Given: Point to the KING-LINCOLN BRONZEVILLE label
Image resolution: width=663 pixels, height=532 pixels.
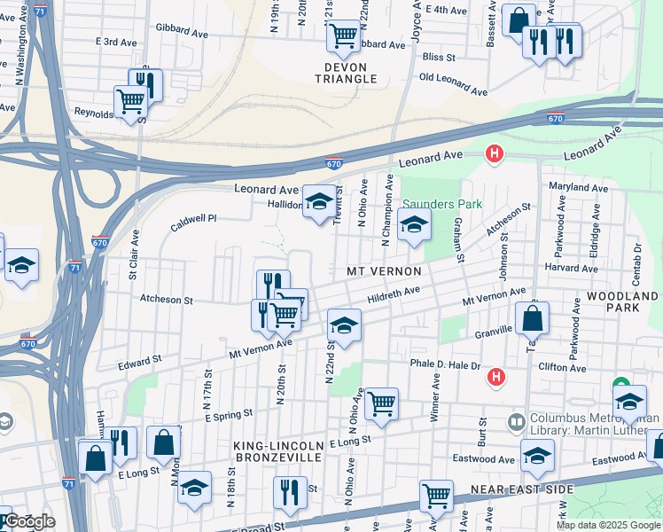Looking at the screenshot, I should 277,450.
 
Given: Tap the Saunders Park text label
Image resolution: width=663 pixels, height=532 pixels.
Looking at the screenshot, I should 442,204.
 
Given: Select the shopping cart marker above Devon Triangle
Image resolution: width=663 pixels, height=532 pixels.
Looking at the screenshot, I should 342,36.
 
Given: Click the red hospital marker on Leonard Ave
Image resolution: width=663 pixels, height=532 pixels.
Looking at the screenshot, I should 495,155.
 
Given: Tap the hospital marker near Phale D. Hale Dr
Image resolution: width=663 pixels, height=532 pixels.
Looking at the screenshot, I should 496,377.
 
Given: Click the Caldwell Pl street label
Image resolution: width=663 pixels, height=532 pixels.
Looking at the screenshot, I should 193,218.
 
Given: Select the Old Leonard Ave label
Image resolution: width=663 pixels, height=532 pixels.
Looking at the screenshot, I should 453,84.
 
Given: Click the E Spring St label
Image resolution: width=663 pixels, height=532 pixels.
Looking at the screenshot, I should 230,413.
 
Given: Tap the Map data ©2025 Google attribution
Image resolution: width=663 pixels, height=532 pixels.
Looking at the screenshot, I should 608,525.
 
